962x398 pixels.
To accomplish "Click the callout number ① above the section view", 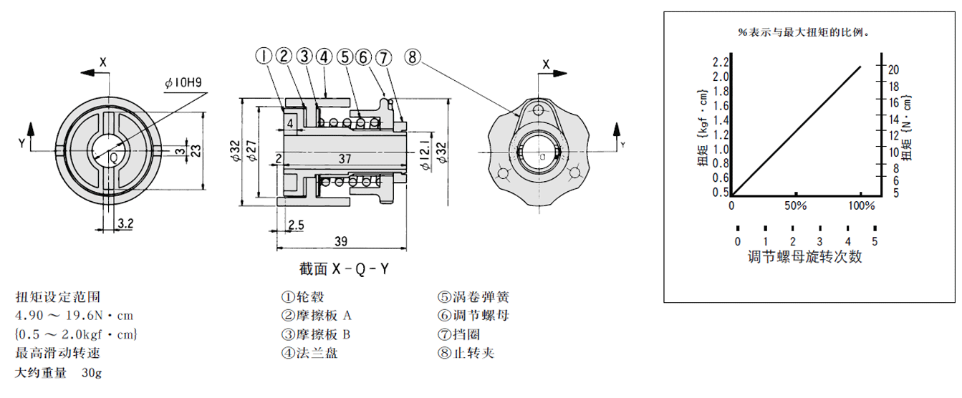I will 264,56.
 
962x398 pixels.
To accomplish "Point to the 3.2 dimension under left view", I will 125,224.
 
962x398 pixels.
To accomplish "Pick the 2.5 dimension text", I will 295,225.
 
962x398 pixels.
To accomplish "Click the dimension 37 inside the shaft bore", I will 345,158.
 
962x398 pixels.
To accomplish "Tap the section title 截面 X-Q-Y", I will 344,269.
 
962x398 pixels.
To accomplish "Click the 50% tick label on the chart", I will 796,206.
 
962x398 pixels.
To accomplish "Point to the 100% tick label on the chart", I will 861,206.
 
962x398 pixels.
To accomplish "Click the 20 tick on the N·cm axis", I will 893,69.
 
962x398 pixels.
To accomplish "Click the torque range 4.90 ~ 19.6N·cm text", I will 74,315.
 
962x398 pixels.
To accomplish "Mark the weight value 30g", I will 92,372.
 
